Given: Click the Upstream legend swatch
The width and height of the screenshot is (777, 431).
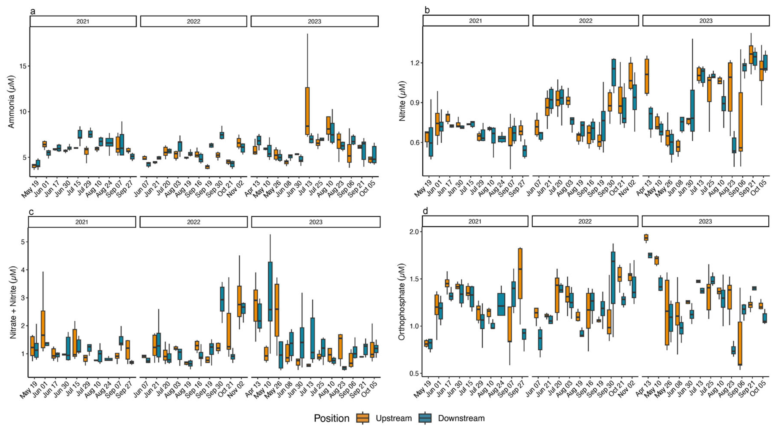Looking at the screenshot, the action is tap(363, 418).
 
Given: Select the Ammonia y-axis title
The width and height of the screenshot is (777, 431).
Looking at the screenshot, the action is tap(11, 102).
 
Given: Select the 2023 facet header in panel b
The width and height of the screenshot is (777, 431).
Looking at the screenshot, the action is tap(706, 21).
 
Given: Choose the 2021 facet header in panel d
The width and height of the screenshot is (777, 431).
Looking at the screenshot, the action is tap(475, 221).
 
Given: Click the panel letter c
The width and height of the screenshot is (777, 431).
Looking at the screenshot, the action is tap(31, 212).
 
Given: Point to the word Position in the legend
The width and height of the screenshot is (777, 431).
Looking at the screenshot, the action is tap(332, 418).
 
